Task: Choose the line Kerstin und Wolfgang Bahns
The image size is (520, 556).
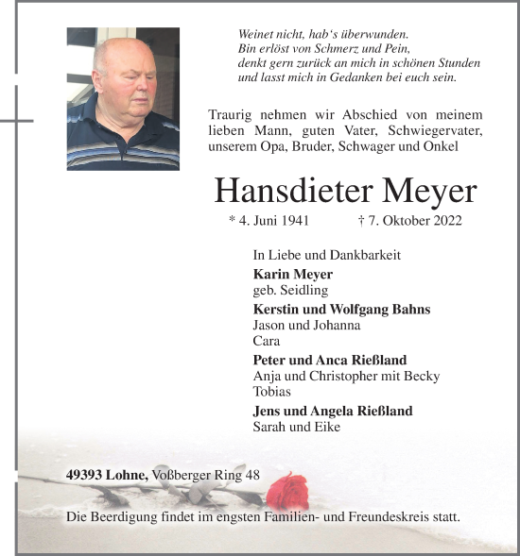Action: [341, 309]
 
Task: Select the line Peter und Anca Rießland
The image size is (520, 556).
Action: [329, 361]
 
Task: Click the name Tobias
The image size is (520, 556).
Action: [271, 391]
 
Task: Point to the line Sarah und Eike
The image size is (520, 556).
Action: [296, 427]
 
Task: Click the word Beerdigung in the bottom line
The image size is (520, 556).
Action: [123, 517]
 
